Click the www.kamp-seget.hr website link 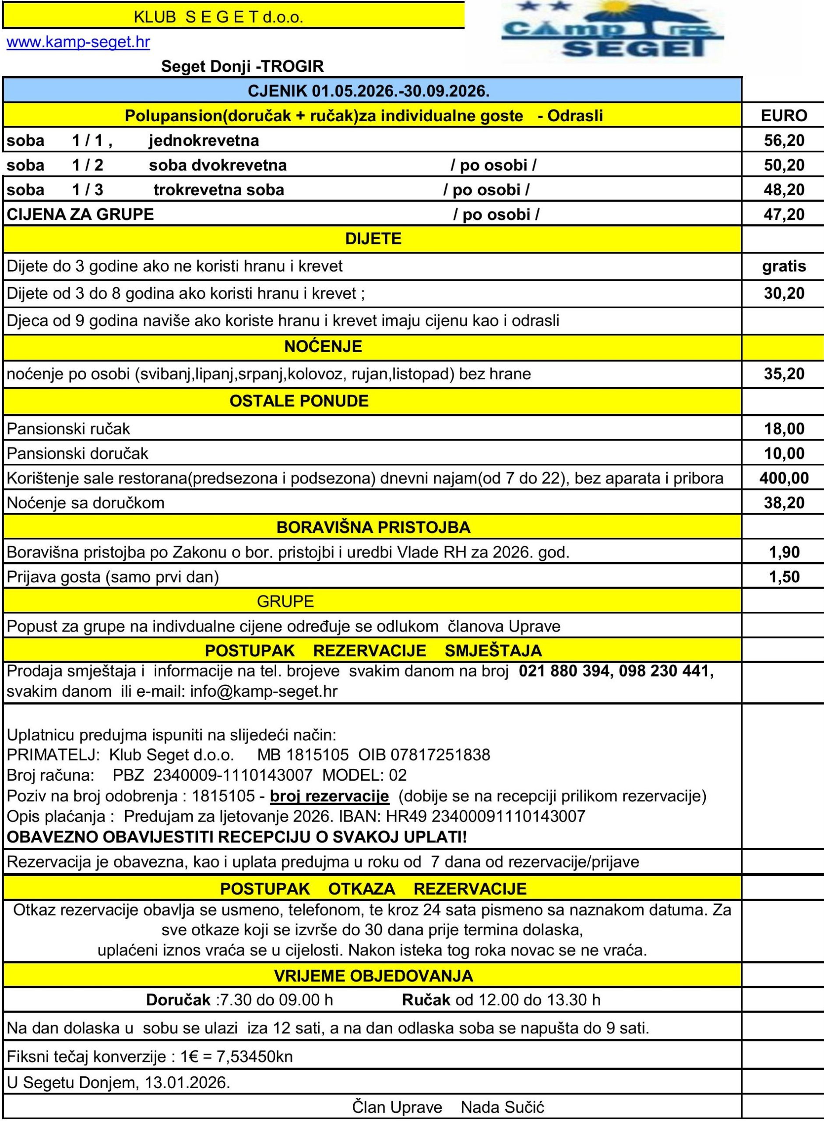point(78,42)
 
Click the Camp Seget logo point(613,30)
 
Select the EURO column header point(784,116)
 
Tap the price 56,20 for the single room point(784,141)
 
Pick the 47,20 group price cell point(784,215)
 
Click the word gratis point(784,266)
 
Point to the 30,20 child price point(784,293)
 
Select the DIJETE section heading point(373,239)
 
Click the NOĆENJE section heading point(323,347)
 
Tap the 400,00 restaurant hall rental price point(784,478)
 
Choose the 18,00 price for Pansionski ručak point(784,429)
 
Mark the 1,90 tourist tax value point(784,552)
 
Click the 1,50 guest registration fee point(784,577)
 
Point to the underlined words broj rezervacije point(329,796)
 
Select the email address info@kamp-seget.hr point(264,691)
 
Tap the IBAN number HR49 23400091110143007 point(508,816)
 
